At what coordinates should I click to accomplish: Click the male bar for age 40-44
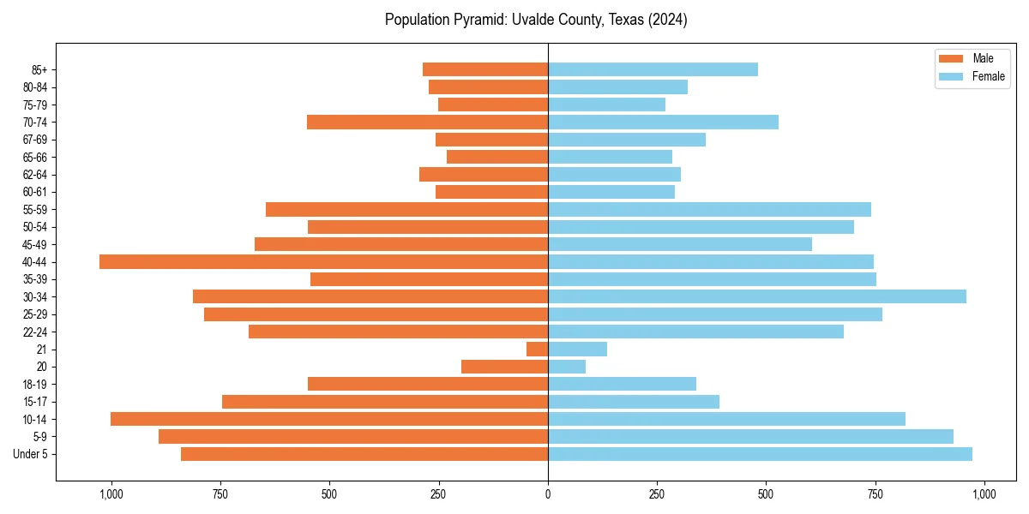click(x=323, y=262)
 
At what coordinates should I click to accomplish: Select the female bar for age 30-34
click(x=757, y=296)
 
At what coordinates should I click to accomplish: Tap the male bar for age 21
click(x=537, y=350)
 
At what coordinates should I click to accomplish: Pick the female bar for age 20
click(x=567, y=367)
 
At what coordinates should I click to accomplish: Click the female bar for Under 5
click(x=760, y=454)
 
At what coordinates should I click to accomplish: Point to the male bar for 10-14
click(x=329, y=419)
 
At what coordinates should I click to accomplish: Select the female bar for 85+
click(x=653, y=69)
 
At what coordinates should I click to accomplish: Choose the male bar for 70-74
click(x=427, y=123)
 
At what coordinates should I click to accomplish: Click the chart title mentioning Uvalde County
click(x=536, y=20)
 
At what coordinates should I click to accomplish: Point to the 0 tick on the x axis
click(x=548, y=494)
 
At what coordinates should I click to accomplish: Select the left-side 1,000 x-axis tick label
click(x=111, y=494)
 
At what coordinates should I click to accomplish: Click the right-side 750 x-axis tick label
click(x=875, y=494)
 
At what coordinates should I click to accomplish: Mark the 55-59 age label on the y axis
click(x=35, y=210)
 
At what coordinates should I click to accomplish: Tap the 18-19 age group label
click(x=35, y=385)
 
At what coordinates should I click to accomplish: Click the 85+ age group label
click(x=39, y=69)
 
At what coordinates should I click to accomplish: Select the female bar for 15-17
click(x=634, y=402)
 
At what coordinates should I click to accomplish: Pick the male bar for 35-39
click(x=429, y=279)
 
